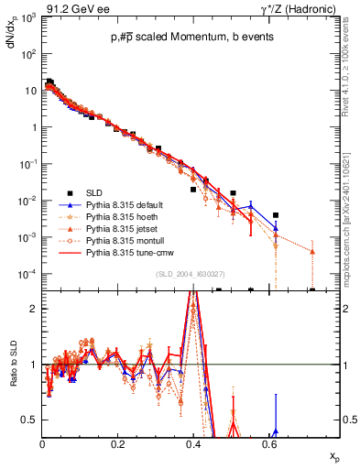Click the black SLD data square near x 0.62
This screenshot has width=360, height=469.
coord(276,215)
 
